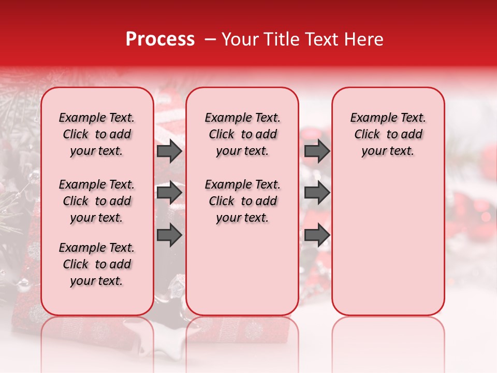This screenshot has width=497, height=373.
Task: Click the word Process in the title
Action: [160, 39]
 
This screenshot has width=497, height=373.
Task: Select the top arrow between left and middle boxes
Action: [169, 151]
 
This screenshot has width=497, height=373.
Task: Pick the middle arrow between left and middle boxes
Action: [169, 193]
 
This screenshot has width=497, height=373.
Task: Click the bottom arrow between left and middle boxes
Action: [169, 235]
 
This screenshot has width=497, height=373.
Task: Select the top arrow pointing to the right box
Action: [317, 151]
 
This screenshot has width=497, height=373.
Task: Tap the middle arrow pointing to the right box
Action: [317, 193]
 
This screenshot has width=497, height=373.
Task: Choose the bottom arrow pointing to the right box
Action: [317, 235]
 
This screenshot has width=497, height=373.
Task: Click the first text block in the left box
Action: [97, 134]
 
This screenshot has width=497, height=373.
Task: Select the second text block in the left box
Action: [97, 201]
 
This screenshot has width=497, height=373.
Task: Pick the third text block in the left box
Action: [97, 264]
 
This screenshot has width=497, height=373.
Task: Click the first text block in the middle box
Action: [242, 134]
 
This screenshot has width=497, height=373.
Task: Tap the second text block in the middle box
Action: [242, 201]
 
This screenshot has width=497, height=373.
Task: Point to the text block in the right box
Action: [388, 134]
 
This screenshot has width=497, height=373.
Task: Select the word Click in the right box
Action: [367, 135]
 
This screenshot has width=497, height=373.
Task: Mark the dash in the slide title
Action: [210, 40]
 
